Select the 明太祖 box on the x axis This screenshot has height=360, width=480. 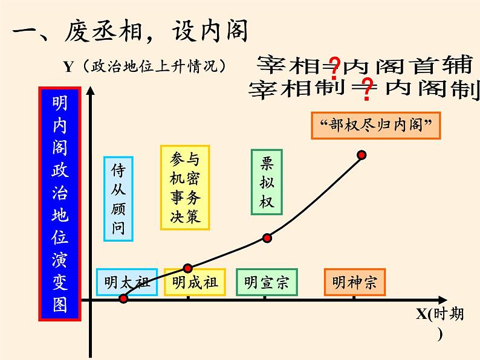coord(126,282)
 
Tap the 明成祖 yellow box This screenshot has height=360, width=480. coord(195,282)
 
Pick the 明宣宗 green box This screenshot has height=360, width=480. coord(267,282)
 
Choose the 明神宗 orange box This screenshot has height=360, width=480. coord(354,282)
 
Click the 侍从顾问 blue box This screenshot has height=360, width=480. coord(118,199)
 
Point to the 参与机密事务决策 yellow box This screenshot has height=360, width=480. coord(185,187)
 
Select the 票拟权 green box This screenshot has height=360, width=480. coord(267,182)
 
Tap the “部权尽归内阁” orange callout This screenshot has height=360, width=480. coord(375,126)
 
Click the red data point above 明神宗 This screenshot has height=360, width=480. coord(362,155)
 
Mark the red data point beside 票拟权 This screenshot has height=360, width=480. coord(267,238)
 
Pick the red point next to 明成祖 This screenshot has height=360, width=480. coord(187,268)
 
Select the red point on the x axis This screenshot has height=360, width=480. coord(124,298)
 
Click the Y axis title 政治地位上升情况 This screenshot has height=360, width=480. coord(144,66)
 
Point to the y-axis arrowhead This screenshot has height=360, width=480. coord(91,92)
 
